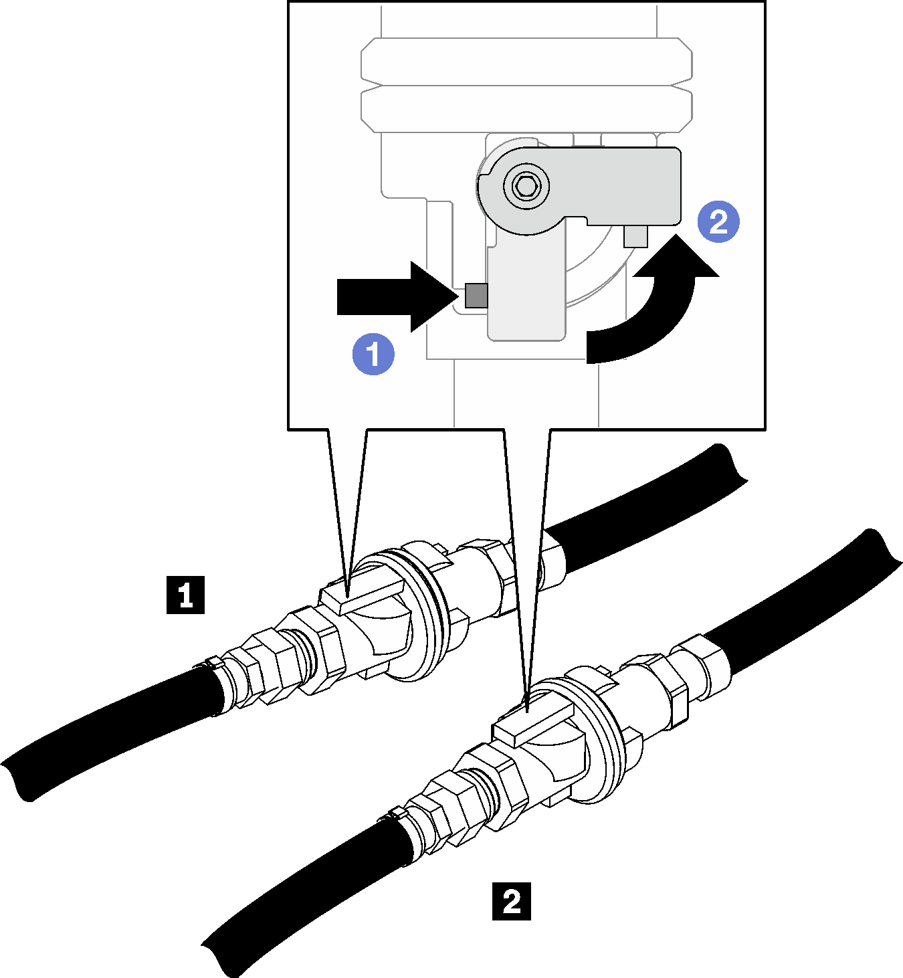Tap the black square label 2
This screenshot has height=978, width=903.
(512, 901)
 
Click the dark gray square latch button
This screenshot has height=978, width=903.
(476, 295)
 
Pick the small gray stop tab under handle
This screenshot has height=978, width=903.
(635, 236)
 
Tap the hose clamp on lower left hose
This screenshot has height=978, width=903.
(395, 814)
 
